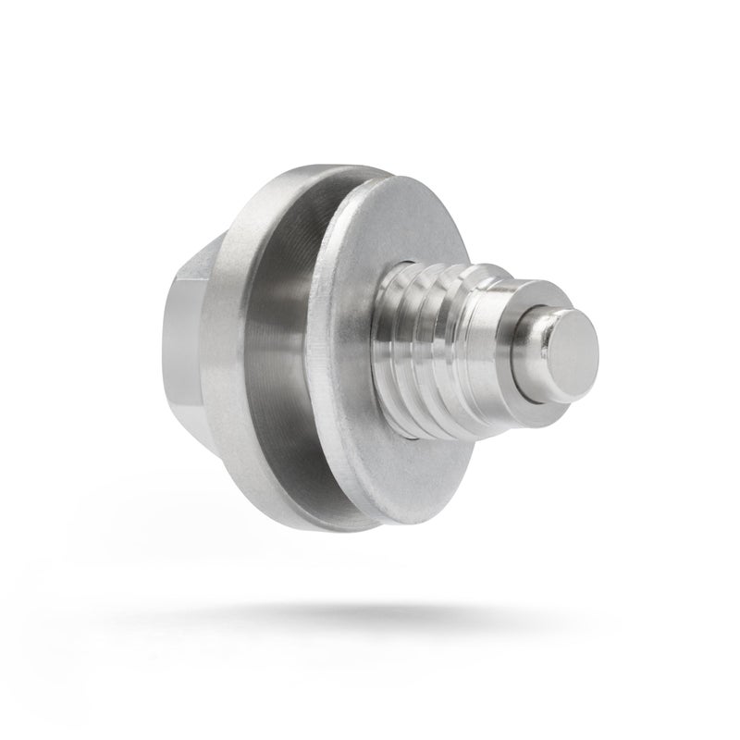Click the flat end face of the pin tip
tap(569, 343)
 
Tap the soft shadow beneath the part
tap(370, 615)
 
